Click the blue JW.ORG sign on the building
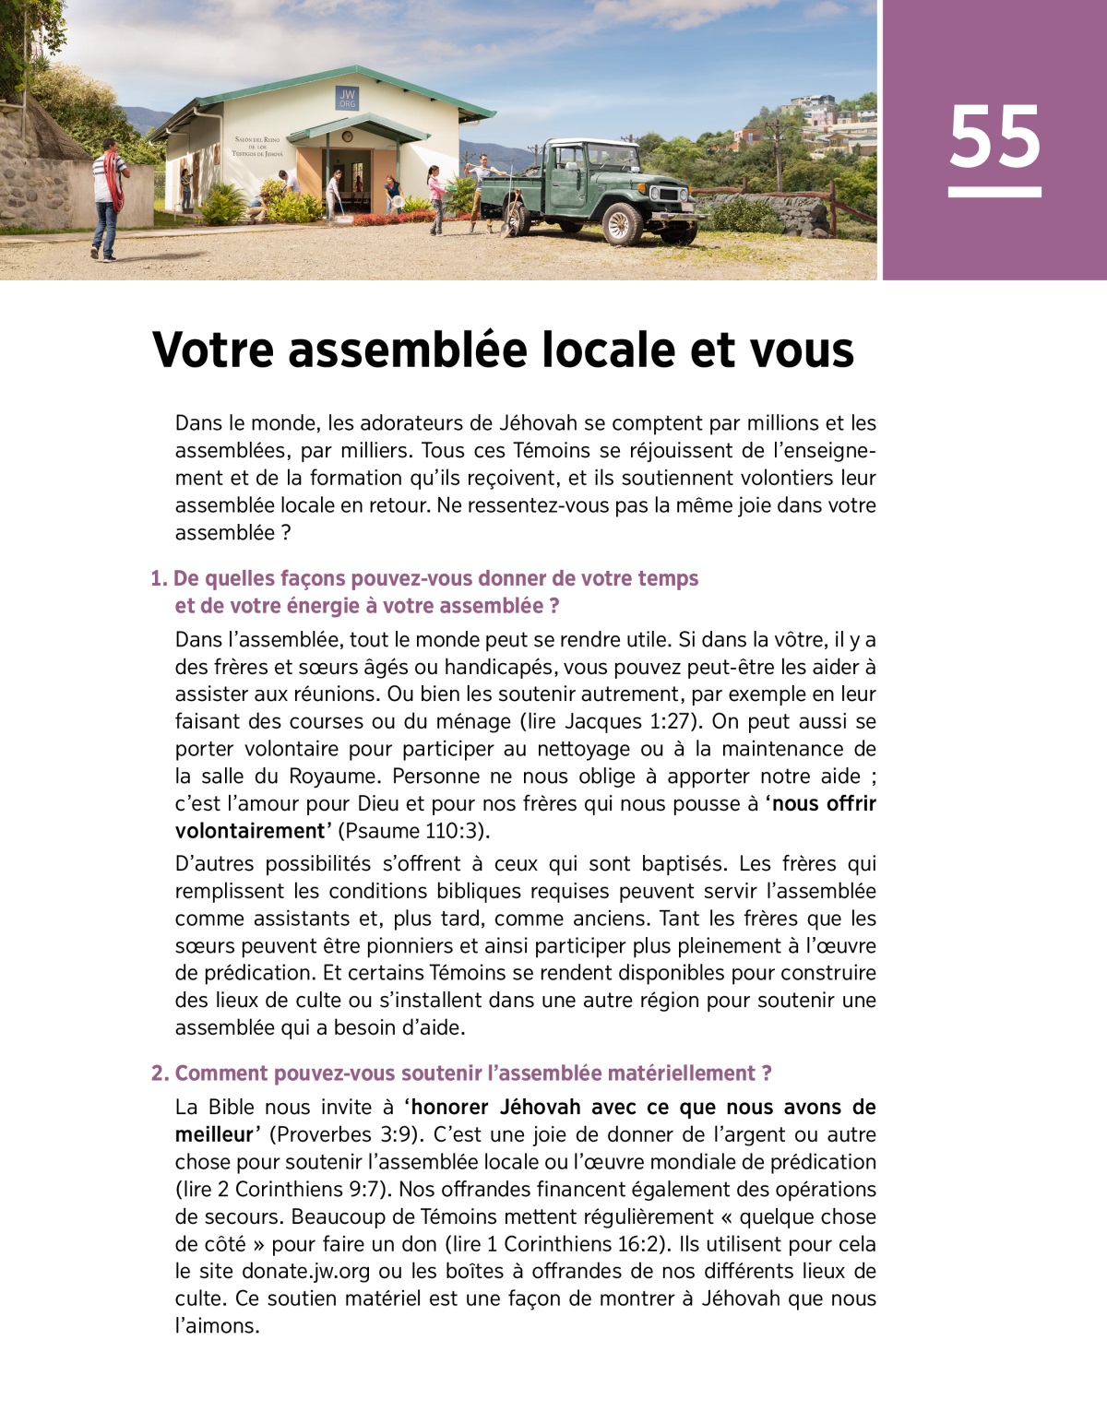point(347,98)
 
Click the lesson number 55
point(994,137)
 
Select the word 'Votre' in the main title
point(213,350)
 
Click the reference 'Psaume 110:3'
point(413,831)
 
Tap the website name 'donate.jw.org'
point(305,1272)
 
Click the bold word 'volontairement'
point(249,831)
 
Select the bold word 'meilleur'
point(213,1134)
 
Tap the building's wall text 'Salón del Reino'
point(257,140)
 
